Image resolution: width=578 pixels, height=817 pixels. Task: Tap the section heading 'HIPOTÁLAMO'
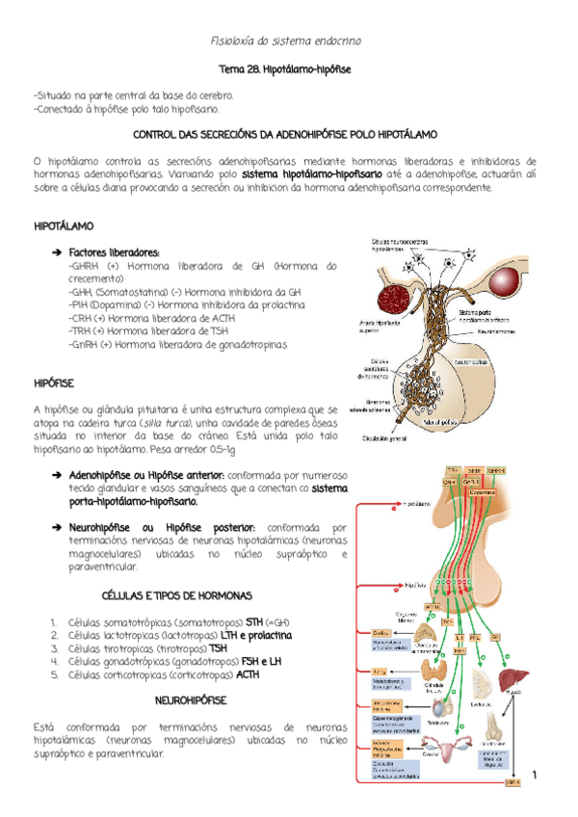click(x=64, y=225)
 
